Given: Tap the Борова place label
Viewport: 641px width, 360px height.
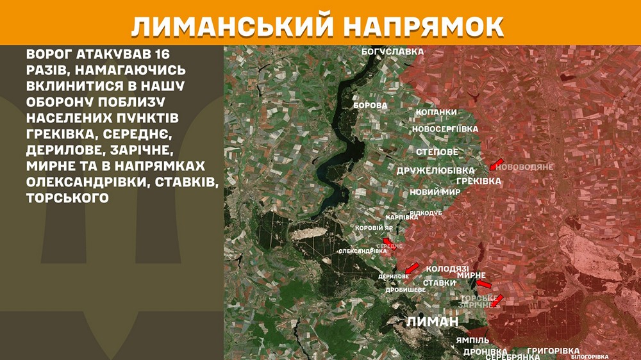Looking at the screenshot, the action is pos(370,105).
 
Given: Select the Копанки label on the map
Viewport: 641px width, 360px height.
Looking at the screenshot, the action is pos(436,112).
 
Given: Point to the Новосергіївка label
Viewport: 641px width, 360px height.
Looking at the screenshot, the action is pos(445,129).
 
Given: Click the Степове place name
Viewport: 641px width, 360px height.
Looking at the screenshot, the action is pos(437,152).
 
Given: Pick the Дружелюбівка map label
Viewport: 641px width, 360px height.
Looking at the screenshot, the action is pos(435,170).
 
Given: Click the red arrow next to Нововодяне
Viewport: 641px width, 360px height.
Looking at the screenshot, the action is pos(497,164).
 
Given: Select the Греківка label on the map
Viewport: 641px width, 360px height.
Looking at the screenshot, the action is pos(479,181).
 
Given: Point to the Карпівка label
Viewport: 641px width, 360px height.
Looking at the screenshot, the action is pos(402,217).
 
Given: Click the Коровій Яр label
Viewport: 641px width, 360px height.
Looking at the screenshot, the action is pos(374,227).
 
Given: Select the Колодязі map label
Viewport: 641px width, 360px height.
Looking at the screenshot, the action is pos(447,269).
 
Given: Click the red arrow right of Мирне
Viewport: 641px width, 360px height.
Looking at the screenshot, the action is pos(484,283).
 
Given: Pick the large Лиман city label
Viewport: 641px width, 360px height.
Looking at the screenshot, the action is pos(433,322).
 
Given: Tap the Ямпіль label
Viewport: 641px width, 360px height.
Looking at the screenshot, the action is pos(473,340).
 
